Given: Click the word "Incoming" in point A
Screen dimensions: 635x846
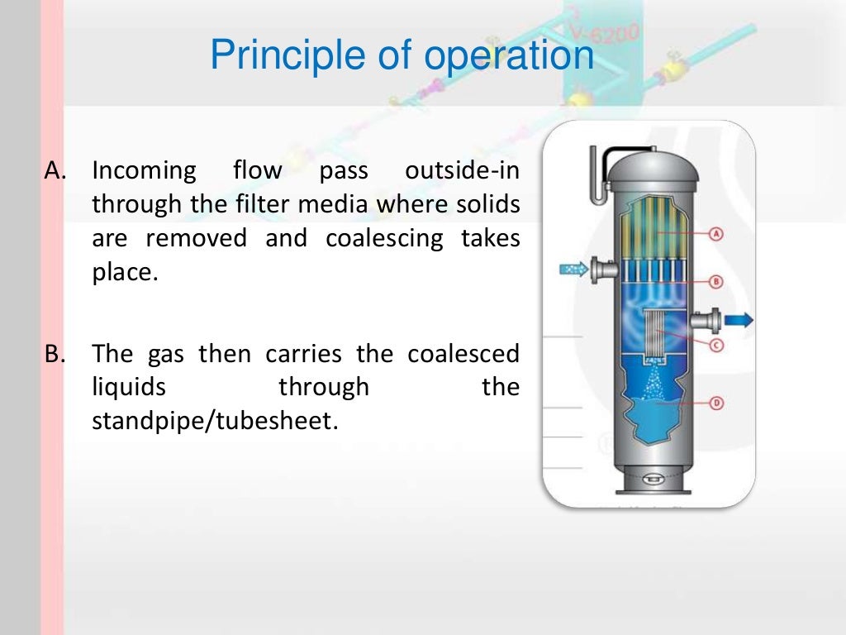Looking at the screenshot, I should click(x=144, y=171).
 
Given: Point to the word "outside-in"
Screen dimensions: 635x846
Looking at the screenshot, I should click(x=462, y=171).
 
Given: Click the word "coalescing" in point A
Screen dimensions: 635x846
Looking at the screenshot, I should click(x=376, y=238).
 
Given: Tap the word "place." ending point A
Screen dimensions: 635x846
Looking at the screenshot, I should click(x=124, y=272).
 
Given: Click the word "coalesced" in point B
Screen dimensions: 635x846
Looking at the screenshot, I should click(x=463, y=354).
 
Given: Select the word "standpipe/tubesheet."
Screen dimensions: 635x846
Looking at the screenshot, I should click(x=216, y=421).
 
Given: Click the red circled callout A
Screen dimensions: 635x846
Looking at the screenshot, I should click(x=716, y=233).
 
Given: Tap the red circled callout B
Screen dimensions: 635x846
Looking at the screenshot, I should click(x=716, y=282).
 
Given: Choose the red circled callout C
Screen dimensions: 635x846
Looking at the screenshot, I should click(x=716, y=345).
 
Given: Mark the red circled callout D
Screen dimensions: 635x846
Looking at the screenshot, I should click(x=716, y=403).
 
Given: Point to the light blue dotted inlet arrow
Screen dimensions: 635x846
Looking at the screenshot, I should click(x=572, y=269).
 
